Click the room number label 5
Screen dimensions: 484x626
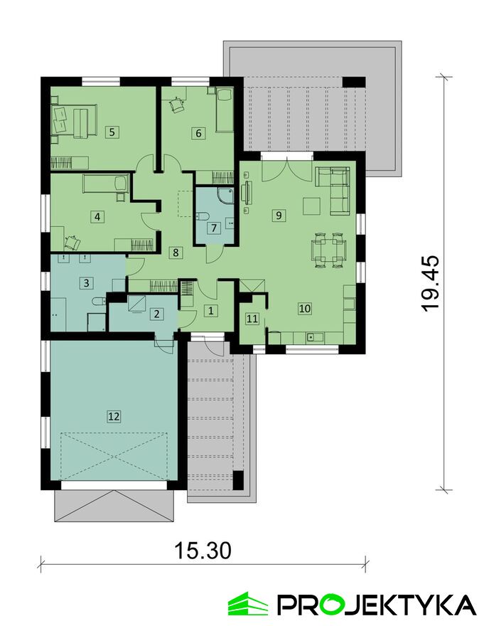112,132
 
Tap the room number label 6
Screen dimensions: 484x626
199,132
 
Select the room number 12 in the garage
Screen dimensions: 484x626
114,416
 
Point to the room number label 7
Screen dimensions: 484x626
214,228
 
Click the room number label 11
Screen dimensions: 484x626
252,318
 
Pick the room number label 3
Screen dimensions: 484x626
87,283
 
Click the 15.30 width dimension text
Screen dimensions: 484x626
203,551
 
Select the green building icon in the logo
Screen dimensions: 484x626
247,603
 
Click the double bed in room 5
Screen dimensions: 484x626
74,120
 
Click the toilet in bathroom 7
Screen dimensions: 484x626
202,216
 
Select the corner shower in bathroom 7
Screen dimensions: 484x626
226,196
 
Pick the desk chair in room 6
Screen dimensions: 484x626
176,105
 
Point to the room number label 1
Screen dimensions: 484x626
211,310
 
